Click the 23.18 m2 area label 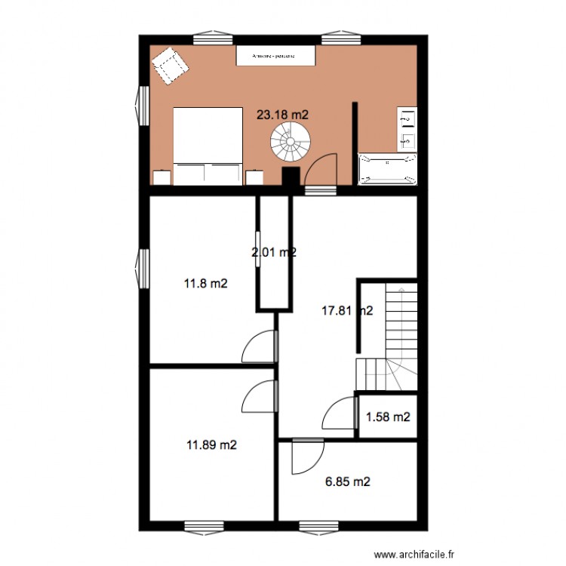click(x=283, y=115)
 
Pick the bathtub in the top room click(x=388, y=169)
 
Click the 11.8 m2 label click(x=206, y=284)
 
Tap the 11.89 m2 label click(x=211, y=444)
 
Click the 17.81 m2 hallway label click(x=348, y=309)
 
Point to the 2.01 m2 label click(x=273, y=253)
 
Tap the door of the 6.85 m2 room click(x=306, y=454)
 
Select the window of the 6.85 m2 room click(x=319, y=525)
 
